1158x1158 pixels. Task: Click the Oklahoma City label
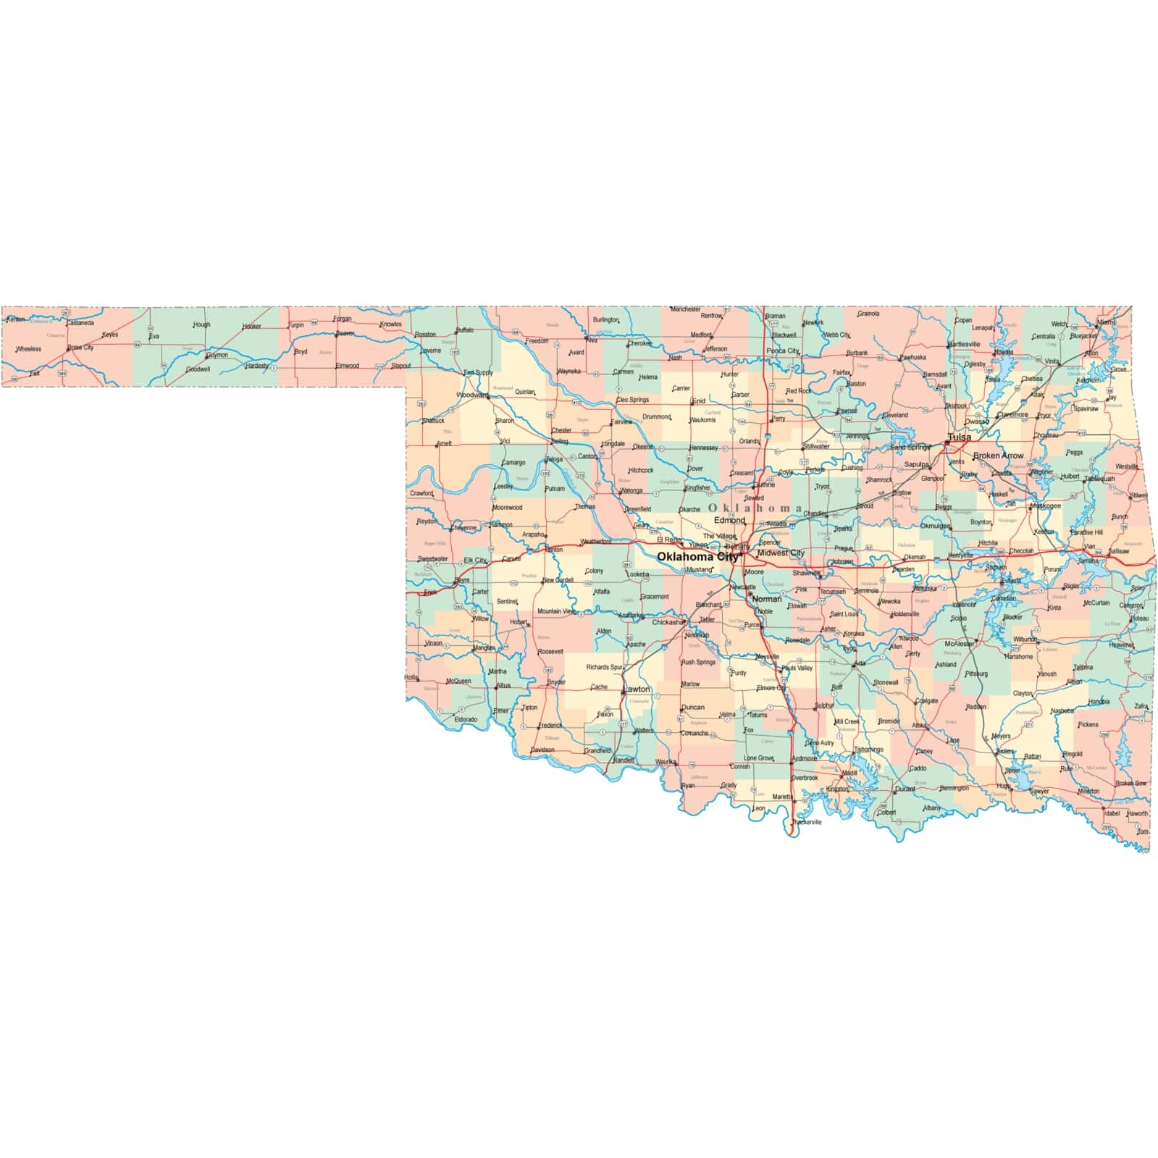(x=697, y=557)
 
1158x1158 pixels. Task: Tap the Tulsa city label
(x=960, y=437)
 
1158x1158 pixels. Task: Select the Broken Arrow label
(x=998, y=456)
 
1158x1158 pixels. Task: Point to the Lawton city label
(x=637, y=689)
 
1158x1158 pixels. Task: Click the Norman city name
(x=767, y=599)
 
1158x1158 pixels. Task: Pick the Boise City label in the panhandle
(x=80, y=348)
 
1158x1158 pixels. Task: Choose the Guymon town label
(x=217, y=355)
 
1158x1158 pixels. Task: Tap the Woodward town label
(x=472, y=395)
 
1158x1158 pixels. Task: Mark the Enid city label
(x=699, y=400)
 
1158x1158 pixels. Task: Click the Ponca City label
(x=783, y=351)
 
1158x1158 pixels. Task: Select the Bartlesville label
(x=964, y=344)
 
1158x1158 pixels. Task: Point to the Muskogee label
(x=1046, y=505)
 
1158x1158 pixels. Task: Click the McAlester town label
(x=960, y=643)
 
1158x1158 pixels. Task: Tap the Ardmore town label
(x=804, y=758)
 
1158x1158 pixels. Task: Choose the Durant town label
(x=905, y=789)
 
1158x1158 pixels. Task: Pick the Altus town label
(x=503, y=685)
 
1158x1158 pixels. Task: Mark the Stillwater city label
(x=816, y=446)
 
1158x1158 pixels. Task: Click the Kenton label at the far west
(x=16, y=319)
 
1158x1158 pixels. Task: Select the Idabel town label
(x=1112, y=813)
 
